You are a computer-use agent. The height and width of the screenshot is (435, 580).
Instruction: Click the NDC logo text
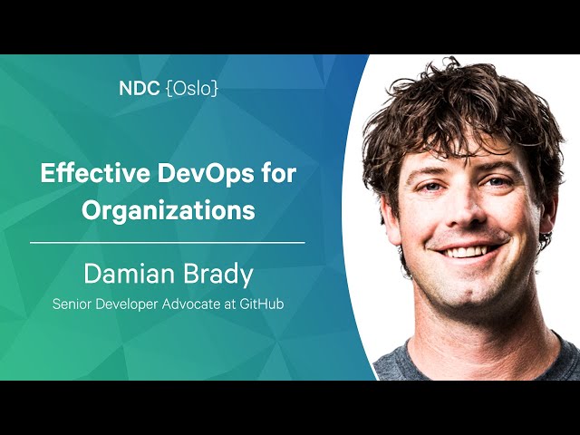pyautogui.click(x=139, y=89)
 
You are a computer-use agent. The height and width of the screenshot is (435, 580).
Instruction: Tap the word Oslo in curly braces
pyautogui.click(x=192, y=89)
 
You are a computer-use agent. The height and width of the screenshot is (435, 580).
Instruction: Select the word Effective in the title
pyautogui.click(x=94, y=172)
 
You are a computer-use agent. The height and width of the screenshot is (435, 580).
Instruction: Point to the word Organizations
pyautogui.click(x=169, y=210)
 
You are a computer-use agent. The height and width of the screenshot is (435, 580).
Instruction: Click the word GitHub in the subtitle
pyautogui.click(x=262, y=304)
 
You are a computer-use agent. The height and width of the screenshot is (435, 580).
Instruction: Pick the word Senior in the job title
pyautogui.click(x=72, y=304)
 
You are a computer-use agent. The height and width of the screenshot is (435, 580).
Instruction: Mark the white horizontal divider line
pyautogui.click(x=168, y=243)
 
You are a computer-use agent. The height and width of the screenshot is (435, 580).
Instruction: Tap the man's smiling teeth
pyautogui.click(x=467, y=252)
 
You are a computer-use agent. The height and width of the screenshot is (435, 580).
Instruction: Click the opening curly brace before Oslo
pyautogui.click(x=169, y=89)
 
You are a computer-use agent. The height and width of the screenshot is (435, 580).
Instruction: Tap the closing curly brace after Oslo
pyautogui.click(x=215, y=89)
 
